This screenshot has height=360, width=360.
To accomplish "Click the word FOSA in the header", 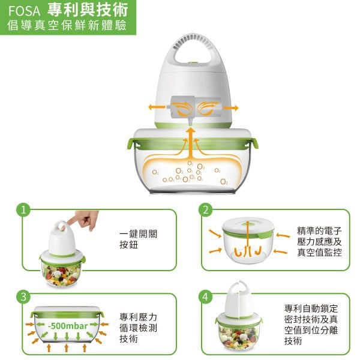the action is click(x=24, y=11).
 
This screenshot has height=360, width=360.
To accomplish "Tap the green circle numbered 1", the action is click(x=23, y=210).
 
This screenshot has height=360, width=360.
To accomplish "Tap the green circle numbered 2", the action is click(x=206, y=210).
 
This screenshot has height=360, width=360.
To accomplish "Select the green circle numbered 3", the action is click(x=23, y=296).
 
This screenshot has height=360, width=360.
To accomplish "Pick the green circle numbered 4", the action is click(x=206, y=296).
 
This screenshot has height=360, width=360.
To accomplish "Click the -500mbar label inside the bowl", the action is click(x=68, y=326).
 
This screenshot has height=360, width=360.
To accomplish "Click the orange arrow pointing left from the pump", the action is click(x=157, y=107).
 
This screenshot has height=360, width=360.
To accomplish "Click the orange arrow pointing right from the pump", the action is click(x=231, y=107).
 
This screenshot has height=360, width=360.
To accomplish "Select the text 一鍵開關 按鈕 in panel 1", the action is click(x=139, y=239).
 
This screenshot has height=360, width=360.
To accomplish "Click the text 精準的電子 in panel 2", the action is click(x=319, y=231).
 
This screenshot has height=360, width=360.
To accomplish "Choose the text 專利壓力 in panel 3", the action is click(x=138, y=317).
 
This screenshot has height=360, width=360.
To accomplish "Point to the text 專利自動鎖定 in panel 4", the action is click(x=311, y=308).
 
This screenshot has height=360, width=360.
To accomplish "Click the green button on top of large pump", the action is click(x=193, y=62).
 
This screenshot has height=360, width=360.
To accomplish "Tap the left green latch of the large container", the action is click(x=132, y=144).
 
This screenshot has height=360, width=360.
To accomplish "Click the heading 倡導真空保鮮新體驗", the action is click(x=67, y=25).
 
